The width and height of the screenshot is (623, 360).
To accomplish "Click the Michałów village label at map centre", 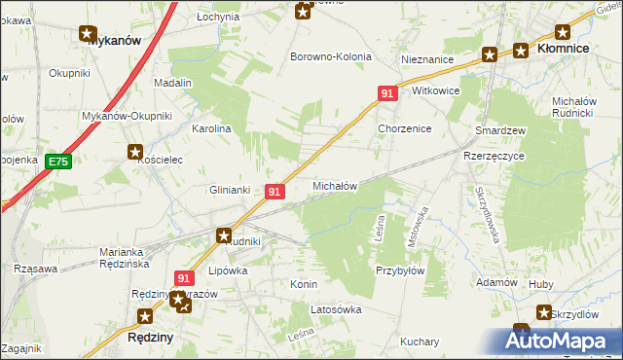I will [335, 185].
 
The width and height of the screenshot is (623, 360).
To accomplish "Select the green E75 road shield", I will [58, 161].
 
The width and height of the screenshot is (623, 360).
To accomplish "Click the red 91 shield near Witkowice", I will [387, 93].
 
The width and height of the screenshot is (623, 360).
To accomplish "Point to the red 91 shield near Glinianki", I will [275, 193].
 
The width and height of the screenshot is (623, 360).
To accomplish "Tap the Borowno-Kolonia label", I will [331, 56].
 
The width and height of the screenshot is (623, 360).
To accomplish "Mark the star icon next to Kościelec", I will [135, 152].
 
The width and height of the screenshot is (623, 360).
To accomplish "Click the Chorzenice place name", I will [404, 128].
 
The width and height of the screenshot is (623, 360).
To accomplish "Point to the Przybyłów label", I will [400, 271].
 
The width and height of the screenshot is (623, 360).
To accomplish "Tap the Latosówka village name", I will [335, 309].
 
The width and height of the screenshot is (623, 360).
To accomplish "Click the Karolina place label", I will [211, 128].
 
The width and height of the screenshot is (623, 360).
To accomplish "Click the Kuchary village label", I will [420, 342].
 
